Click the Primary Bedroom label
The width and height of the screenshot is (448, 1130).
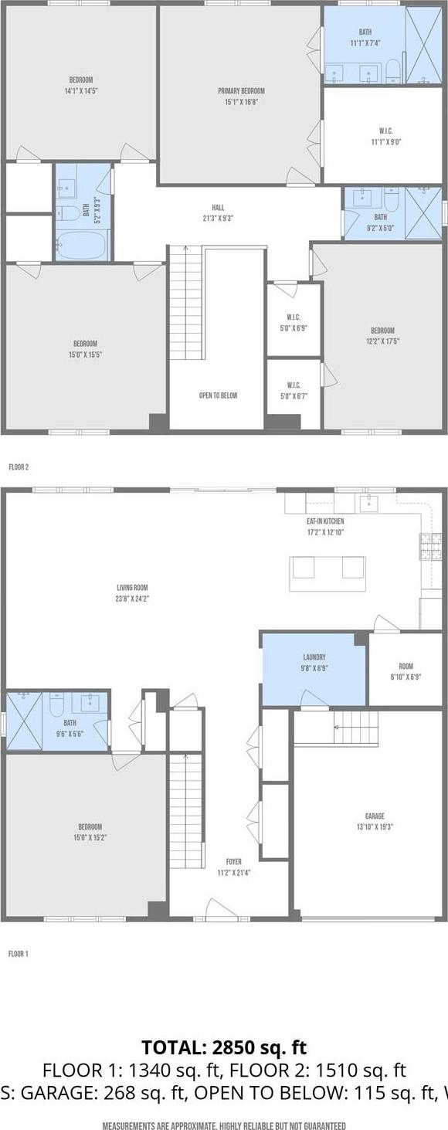pos(241,91)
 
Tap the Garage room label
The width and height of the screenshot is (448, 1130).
pos(375,816)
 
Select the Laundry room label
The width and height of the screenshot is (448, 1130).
pos(314,657)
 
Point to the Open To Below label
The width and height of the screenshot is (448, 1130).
pos(218,395)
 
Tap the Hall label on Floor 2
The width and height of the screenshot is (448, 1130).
pos(219,208)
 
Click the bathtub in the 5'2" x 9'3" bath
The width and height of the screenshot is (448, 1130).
pos(81,246)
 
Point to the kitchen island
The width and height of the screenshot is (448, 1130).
pos(328,573)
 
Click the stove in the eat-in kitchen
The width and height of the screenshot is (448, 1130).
pos(429,547)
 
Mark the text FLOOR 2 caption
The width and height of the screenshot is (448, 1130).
pos(19,467)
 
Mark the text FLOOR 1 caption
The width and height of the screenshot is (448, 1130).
pos(19,954)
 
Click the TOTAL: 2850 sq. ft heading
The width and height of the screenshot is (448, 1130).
pos(224,1047)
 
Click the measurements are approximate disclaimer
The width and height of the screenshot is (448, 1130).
pos(224,1126)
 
